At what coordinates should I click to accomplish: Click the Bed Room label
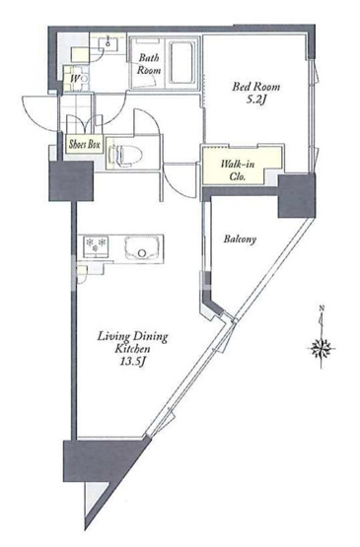pos(256,87)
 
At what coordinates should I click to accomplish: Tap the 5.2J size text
pos(256,101)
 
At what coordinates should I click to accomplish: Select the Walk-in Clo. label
pos(238,170)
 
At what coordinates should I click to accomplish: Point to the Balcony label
pos(240,239)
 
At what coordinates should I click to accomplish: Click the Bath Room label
pos(149,63)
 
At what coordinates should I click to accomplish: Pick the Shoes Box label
pos(85,144)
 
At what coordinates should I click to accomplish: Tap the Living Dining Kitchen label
pos(133,342)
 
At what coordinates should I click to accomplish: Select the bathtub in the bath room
pos(183,63)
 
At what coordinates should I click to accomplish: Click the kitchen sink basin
pos(142,247)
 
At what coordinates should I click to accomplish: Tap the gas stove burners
pos(96,244)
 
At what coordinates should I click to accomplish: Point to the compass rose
pos(321,348)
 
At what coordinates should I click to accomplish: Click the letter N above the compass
pos(322,308)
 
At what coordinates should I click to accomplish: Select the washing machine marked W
pos(75,79)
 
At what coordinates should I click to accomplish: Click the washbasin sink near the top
pos(108,42)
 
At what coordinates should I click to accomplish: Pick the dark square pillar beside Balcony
pos(297,195)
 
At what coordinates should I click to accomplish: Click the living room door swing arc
pos(179,186)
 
